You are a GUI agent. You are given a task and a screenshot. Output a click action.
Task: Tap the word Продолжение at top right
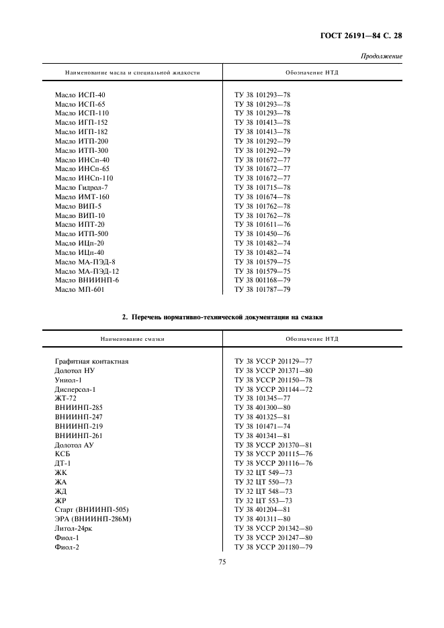(382, 56)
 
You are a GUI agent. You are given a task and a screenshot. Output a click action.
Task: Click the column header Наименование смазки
(132, 339)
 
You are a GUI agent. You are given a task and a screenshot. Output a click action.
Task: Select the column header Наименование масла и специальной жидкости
(132, 72)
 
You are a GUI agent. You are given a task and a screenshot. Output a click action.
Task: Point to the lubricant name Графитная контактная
(91, 361)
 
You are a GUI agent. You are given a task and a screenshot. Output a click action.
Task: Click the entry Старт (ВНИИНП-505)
(91, 509)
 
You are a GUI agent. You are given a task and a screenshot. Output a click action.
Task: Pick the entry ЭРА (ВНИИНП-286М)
(93, 519)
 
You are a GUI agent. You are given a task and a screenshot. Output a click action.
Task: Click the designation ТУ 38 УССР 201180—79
(273, 547)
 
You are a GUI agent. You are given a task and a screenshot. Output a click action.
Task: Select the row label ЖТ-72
(66, 398)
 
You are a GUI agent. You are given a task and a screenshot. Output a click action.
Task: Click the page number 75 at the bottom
(222, 562)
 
